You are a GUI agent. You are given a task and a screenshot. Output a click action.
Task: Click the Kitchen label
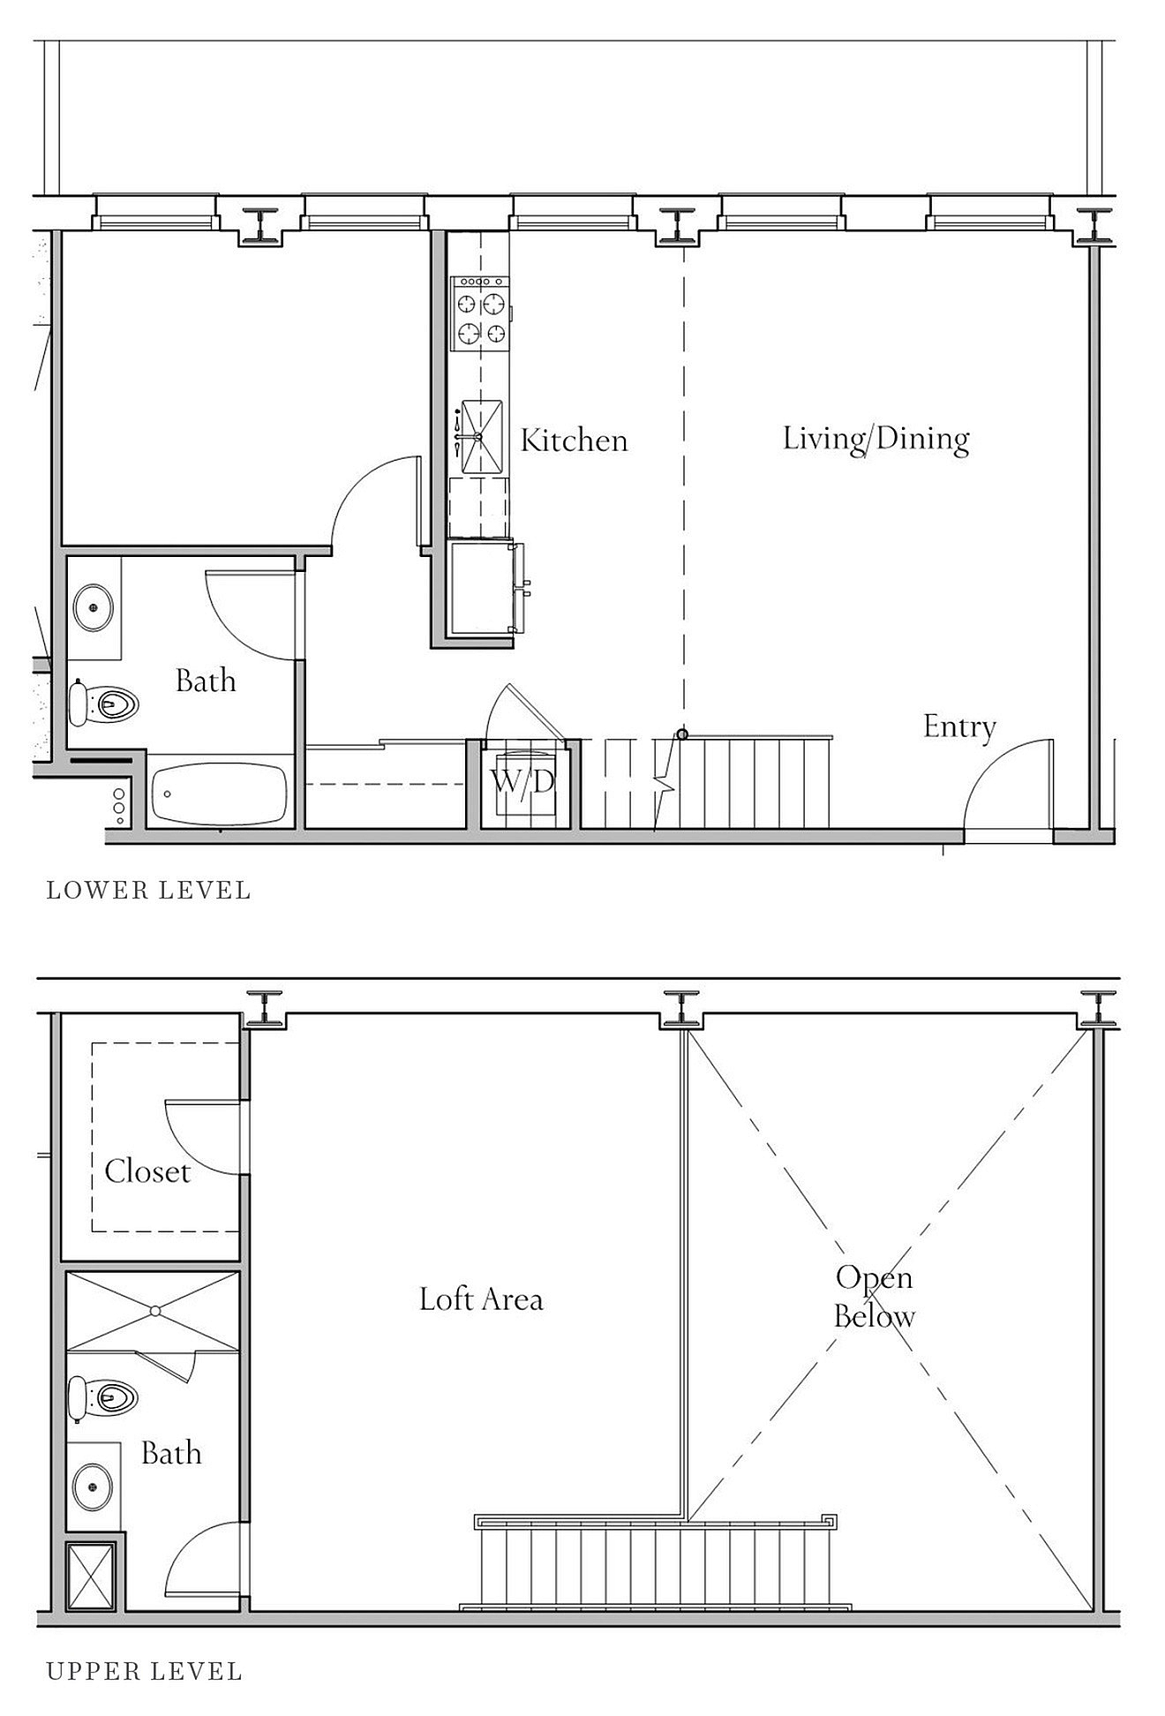pyautogui.click(x=574, y=440)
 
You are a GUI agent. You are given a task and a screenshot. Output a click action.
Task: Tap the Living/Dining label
pyautogui.click(x=876, y=439)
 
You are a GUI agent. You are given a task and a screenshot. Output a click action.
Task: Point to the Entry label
pyautogui.click(x=959, y=726)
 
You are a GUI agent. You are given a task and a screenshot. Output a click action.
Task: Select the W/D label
pyautogui.click(x=522, y=781)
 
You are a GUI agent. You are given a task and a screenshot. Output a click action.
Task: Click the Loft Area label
pyautogui.click(x=481, y=1298)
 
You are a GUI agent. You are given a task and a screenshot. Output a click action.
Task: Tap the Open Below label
pyautogui.click(x=874, y=1297)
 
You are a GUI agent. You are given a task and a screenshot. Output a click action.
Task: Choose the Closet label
pyautogui.click(x=147, y=1171)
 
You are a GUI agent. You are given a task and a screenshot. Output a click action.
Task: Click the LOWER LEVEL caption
pyautogui.click(x=148, y=891)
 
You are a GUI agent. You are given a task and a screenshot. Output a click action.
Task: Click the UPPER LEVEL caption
pyautogui.click(x=144, y=1671)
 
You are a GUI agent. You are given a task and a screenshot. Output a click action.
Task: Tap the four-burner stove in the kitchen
pyautogui.click(x=481, y=313)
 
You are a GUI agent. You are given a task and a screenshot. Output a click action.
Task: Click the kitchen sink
pyautogui.click(x=479, y=437)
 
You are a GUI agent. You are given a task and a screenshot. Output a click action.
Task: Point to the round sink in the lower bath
pyautogui.click(x=93, y=607)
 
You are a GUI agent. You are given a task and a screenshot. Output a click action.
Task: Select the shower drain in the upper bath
pyautogui.click(x=154, y=1312)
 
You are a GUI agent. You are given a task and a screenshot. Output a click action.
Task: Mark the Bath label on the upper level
pyautogui.click(x=171, y=1453)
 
